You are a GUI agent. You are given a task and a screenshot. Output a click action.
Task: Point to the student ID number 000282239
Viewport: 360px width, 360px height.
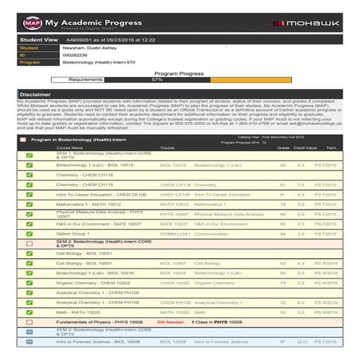tap(76, 55)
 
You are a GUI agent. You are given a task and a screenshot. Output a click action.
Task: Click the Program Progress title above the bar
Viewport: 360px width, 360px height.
tap(178, 73)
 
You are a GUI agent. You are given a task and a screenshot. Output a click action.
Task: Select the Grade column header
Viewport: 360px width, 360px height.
tap(283, 148)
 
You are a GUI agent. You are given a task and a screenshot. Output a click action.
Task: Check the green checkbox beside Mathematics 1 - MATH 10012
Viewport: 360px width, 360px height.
tap(29, 204)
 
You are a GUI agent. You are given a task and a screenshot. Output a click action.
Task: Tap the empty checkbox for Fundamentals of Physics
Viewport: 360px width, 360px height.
tap(29, 322)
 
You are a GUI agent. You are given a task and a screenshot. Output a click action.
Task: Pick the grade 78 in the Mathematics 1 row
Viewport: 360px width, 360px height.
tap(283, 204)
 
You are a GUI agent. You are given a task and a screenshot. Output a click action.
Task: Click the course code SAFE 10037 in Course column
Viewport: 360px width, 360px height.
tap(174, 224)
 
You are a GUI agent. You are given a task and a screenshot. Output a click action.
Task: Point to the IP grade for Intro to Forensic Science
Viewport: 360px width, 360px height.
tap(283, 341)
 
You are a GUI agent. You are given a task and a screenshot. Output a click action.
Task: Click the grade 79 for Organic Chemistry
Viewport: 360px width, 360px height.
tap(283, 283)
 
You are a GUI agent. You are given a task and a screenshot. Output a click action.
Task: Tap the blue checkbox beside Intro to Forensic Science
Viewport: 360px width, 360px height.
tap(29, 341)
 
